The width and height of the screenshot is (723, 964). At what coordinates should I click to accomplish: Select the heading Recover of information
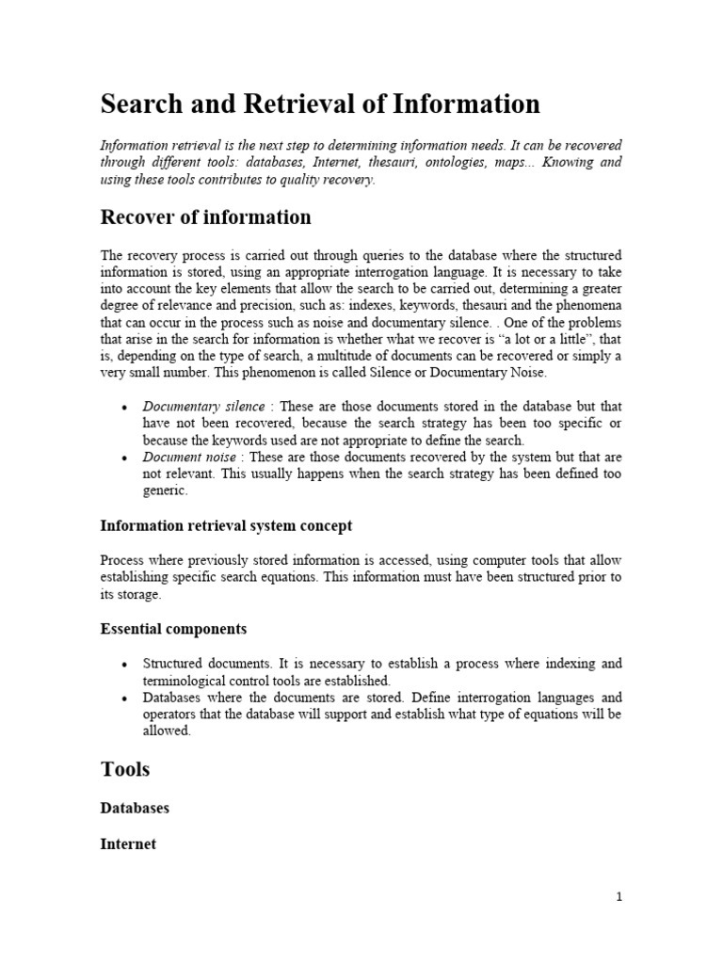pyautogui.click(x=205, y=217)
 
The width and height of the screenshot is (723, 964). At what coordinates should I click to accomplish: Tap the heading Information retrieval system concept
pyautogui.click(x=226, y=525)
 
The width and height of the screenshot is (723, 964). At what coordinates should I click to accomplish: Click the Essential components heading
pyautogui.click(x=173, y=628)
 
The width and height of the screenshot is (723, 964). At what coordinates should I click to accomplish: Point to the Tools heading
pyautogui.click(x=125, y=769)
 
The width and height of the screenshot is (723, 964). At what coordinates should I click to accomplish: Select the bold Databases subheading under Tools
pyautogui.click(x=135, y=809)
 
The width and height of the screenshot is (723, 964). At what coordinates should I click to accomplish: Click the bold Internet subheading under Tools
pyautogui.click(x=128, y=844)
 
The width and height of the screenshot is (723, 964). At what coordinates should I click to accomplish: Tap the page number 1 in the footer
pyautogui.click(x=618, y=897)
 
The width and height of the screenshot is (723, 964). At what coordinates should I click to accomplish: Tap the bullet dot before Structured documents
pyautogui.click(x=124, y=665)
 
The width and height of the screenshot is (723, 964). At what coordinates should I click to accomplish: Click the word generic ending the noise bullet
pyautogui.click(x=165, y=491)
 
